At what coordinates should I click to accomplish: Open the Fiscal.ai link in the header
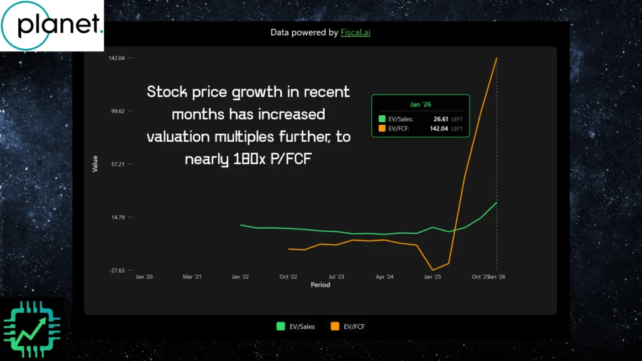pyautogui.click(x=355, y=32)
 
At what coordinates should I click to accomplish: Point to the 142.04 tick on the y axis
pyautogui.click(x=117, y=58)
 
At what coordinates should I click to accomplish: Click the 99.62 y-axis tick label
pyautogui.click(x=117, y=111)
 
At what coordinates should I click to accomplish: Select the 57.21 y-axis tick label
pyautogui.click(x=117, y=164)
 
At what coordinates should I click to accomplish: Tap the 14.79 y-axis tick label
pyautogui.click(x=117, y=217)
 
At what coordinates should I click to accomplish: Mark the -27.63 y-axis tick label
pyautogui.click(x=117, y=271)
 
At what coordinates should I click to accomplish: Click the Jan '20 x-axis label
pyautogui.click(x=144, y=276)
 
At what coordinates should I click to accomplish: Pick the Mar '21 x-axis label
pyautogui.click(x=192, y=276)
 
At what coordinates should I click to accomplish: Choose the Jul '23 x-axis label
pyautogui.click(x=336, y=276)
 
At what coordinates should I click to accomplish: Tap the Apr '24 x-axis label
pyautogui.click(x=384, y=276)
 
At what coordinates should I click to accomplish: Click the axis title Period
pyautogui.click(x=320, y=285)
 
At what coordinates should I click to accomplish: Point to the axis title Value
pyautogui.click(x=95, y=164)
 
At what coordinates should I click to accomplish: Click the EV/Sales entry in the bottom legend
pyautogui.click(x=297, y=327)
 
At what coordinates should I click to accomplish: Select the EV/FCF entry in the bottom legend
pyautogui.click(x=350, y=327)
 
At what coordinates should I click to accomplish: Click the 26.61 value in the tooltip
pyautogui.click(x=441, y=118)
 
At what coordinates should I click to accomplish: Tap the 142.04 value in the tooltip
pyautogui.click(x=439, y=129)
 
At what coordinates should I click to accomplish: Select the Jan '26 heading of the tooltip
pyautogui.click(x=420, y=104)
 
